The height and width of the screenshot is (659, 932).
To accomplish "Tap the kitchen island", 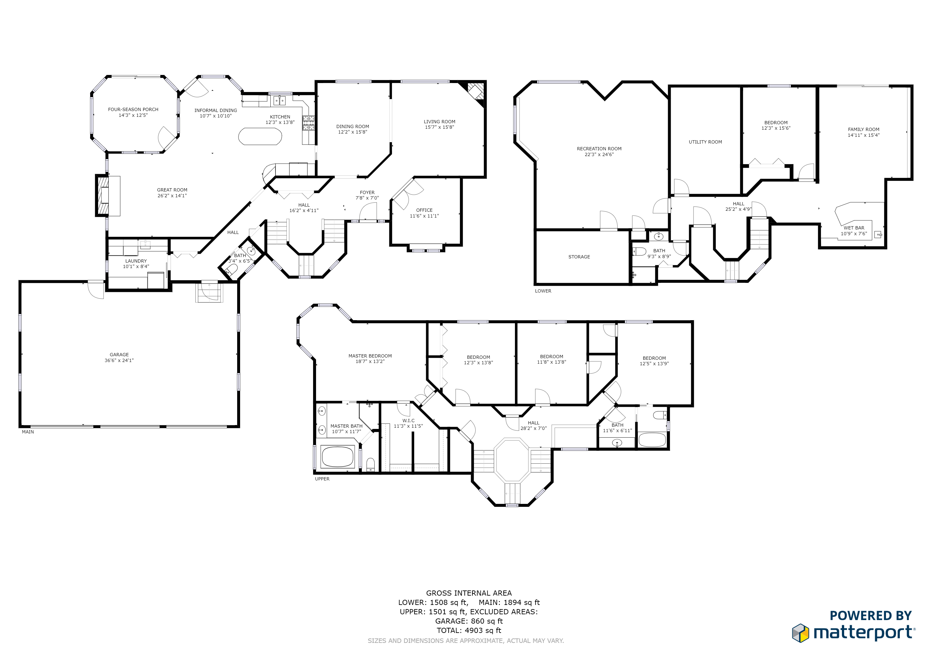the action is (260, 136).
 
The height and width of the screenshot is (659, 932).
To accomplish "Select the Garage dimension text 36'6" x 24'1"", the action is (119, 360).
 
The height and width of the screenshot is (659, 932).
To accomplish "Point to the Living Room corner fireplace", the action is (475, 93).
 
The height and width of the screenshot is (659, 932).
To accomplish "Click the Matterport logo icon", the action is (800, 633).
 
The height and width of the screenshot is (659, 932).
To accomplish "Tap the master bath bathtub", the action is (337, 457).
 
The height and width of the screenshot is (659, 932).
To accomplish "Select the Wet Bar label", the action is (854, 228).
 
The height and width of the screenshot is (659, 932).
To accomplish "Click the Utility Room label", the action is (705, 142).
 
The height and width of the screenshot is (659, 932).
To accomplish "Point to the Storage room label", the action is (579, 257).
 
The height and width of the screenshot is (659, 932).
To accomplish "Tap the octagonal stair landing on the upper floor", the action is (512, 460).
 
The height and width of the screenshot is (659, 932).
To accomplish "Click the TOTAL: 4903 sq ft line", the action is (469, 630).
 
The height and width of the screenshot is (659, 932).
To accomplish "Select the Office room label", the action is (424, 210).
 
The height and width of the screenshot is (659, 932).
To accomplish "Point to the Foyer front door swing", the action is (368, 212).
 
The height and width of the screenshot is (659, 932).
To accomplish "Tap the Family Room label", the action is (863, 129).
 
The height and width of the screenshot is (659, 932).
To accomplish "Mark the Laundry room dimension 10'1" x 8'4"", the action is (136, 267).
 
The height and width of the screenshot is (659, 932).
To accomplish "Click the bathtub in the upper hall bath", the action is (652, 440).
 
